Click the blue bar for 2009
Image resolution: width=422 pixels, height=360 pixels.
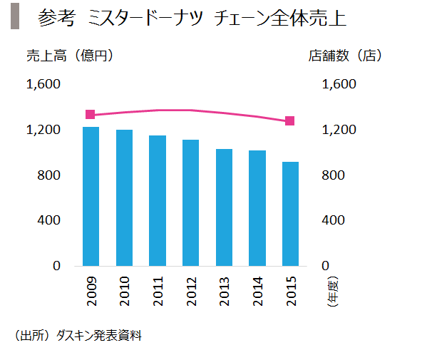pos(91,197)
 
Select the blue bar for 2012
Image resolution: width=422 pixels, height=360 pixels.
pos(190,203)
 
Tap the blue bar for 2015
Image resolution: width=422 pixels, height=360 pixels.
pos(290,214)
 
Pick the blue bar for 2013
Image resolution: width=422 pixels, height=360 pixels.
pos(224,207)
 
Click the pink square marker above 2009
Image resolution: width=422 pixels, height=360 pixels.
pos(90,114)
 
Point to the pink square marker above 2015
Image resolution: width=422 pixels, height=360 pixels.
pos(290,120)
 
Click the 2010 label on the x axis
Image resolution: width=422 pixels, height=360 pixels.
pos(124,291)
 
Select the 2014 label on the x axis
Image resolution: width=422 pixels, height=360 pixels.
pos(257,291)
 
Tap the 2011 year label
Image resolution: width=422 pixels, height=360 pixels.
pos(158,291)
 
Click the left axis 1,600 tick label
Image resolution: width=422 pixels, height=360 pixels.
pos(43,84)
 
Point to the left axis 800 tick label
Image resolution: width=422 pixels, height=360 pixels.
pos(48,175)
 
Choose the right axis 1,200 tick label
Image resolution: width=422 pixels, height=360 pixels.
pos(339,130)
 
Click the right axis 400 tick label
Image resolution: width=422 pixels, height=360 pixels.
pos(333,220)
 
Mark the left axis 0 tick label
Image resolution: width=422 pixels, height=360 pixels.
pos(56,266)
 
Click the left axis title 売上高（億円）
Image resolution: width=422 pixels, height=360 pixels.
pos(70,56)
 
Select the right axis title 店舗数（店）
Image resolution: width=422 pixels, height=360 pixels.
pos(345,56)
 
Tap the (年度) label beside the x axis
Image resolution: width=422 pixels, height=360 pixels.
pos(332,291)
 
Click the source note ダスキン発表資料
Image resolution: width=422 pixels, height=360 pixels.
pos(99,336)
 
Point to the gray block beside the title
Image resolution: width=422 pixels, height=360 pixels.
pos(15,16)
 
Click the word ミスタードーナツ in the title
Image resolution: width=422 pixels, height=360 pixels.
pos(145,18)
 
